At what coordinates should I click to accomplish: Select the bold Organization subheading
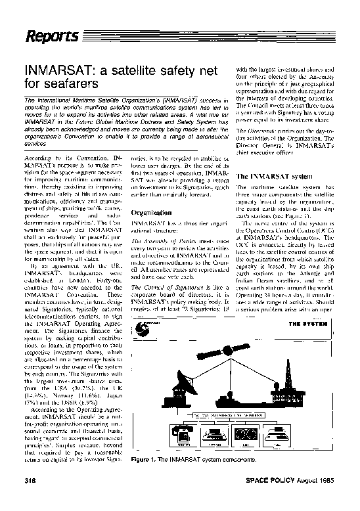[x=151, y=213]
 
